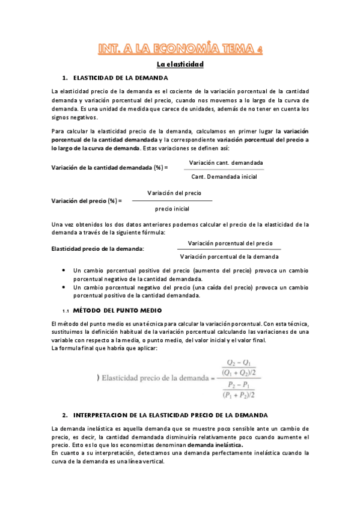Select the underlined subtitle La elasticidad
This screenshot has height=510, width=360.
[x=180, y=64]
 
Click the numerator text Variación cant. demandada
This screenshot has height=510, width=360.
[x=225, y=163]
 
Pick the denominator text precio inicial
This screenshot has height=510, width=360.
[x=172, y=209]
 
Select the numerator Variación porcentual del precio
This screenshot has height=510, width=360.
[x=230, y=243]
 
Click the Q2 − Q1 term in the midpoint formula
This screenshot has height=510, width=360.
[x=237, y=363]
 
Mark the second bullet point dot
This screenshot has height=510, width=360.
[x=64, y=287]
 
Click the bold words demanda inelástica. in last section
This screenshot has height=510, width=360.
[x=215, y=445]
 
